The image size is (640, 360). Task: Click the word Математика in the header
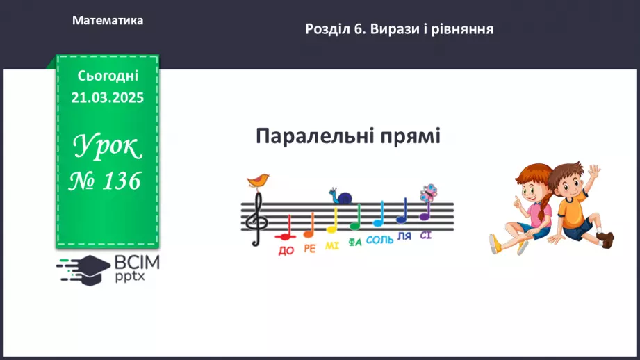coord(108,21)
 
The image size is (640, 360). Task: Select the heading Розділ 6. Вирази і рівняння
coord(399,29)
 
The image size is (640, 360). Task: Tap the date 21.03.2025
coord(107,98)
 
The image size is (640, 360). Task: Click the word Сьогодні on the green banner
coord(108,75)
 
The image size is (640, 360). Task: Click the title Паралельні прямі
coord(347,136)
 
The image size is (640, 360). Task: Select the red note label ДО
coord(286,251)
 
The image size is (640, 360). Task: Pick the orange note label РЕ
coord(309,249)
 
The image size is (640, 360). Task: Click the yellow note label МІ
coord(331,246)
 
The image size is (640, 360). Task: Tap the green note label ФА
coord(355,243)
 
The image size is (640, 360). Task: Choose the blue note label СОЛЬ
coord(379,240)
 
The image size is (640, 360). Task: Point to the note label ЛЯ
coord(404,237)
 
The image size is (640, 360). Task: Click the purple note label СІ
coord(425,235)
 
